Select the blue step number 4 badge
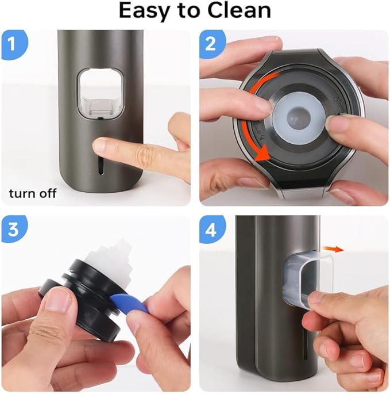click(x=211, y=228)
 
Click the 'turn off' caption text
click(x=33, y=193)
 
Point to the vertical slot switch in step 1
click(x=102, y=167)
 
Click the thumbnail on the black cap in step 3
click(x=58, y=300)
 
